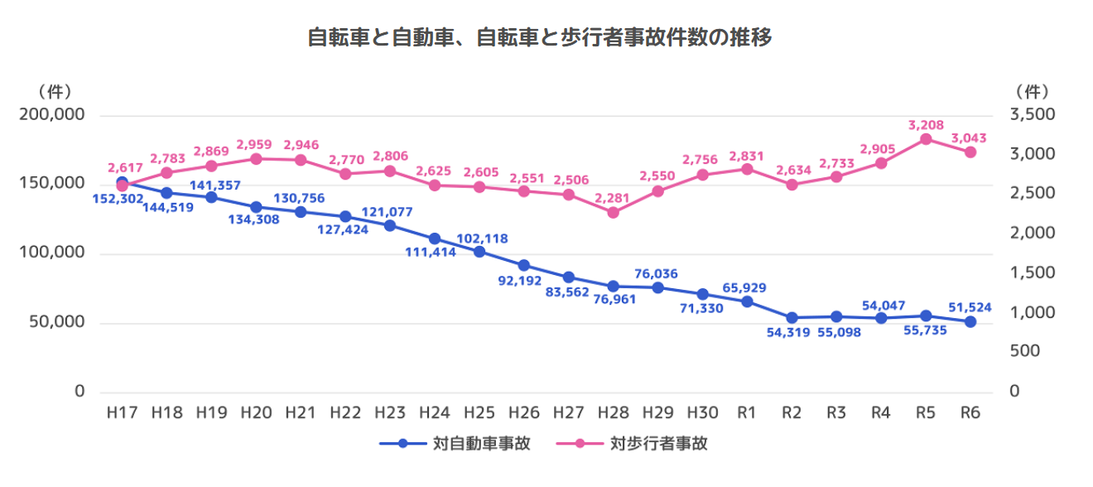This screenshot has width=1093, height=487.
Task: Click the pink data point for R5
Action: tap(926, 139)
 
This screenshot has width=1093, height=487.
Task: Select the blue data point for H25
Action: tap(479, 251)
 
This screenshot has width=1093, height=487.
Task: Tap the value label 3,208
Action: tap(926, 125)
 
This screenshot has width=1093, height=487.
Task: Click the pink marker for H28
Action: tap(614, 213)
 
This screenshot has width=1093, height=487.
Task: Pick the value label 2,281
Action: tap(614, 197)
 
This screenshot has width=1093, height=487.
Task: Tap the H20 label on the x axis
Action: tap(256, 412)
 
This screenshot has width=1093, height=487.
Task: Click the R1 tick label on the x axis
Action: tap(747, 412)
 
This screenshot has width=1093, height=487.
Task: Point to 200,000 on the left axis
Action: tap(52, 115)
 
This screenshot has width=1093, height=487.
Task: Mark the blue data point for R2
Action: tap(792, 318)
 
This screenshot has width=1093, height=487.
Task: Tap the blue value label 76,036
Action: tap(657, 274)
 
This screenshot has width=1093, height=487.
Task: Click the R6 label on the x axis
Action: tap(970, 412)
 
